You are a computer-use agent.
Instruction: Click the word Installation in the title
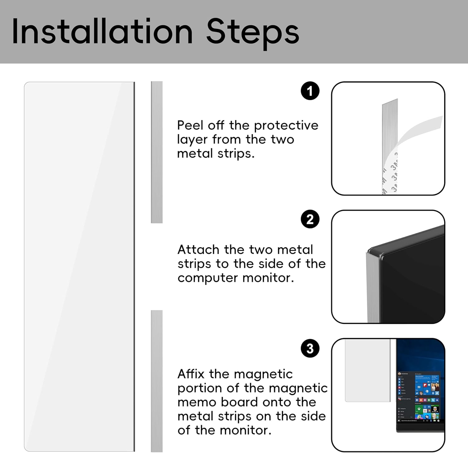click(102, 32)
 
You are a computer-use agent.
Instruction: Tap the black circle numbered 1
click(310, 91)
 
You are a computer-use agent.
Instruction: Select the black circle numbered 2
click(310, 219)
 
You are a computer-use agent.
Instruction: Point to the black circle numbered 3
click(310, 348)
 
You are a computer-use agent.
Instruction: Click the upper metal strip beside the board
click(157, 152)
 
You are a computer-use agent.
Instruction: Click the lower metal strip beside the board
click(157, 381)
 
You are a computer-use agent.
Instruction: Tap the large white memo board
click(80, 267)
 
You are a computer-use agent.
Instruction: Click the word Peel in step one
click(190, 125)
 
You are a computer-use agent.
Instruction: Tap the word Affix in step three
click(191, 374)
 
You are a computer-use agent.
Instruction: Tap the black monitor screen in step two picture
click(412, 281)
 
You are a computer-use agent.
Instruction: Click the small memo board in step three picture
click(368, 371)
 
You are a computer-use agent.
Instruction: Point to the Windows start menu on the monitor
click(418, 396)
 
